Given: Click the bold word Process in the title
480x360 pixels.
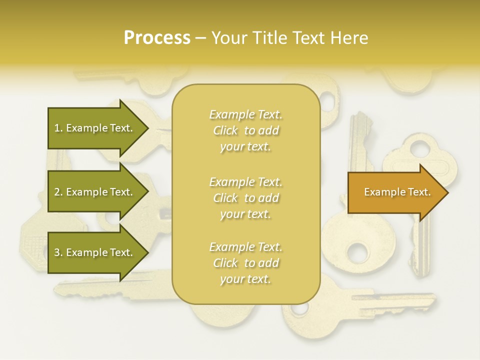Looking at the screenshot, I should [x=157, y=38].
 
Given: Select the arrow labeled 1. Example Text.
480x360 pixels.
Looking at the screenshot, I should [x=95, y=128].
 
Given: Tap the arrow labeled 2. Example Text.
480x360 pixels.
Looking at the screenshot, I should [x=95, y=192].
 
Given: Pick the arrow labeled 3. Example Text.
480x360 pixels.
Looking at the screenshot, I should [x=95, y=252].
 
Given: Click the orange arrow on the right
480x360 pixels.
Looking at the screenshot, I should [x=395, y=192].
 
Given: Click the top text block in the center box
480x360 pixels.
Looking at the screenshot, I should [x=245, y=130].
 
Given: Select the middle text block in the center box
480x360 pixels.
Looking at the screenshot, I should [x=245, y=198].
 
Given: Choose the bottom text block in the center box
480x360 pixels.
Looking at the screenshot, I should [x=245, y=263].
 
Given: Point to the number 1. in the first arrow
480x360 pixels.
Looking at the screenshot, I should [x=58, y=128].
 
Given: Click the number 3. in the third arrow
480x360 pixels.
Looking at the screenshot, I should [x=58, y=252].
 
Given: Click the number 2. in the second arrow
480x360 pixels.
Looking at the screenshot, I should [x=58, y=192].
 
